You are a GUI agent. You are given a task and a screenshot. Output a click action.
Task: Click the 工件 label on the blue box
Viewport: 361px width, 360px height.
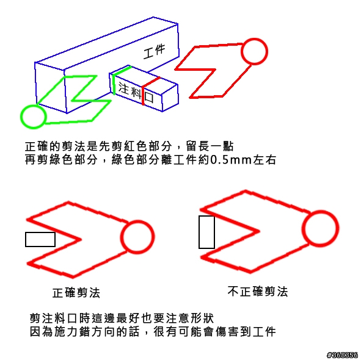(x=155, y=51)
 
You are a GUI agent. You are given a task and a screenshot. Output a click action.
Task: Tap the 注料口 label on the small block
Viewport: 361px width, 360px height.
(x=136, y=92)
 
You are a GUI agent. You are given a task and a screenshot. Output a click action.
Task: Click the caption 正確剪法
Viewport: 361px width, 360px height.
(x=76, y=293)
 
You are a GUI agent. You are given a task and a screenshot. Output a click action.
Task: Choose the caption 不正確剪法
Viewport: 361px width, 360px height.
(x=258, y=292)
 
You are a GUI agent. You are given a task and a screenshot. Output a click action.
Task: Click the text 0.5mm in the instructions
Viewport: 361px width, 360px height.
(x=231, y=160)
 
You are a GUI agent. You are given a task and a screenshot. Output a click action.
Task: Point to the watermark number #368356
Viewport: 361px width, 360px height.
(x=342, y=355)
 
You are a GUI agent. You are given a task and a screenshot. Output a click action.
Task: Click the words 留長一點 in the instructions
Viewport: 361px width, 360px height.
(x=210, y=146)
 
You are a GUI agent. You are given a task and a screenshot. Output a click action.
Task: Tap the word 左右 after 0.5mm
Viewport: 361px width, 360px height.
(x=264, y=160)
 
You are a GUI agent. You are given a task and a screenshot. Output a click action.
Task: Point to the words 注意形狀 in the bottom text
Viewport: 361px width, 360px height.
(x=190, y=318)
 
